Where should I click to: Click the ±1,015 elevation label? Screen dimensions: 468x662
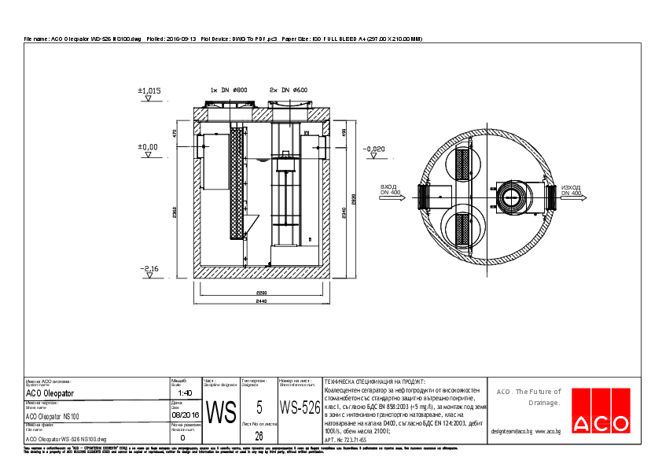149,91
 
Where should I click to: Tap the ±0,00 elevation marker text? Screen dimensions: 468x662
148,147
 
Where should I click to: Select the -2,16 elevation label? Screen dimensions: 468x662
149,269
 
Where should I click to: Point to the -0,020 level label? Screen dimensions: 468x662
374,149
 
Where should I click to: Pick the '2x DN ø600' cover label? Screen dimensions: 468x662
289,90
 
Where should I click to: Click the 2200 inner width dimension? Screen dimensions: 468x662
260,293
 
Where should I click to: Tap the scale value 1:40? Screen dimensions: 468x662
185,392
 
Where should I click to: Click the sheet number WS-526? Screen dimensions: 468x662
300,408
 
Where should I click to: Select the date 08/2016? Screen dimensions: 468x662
185,414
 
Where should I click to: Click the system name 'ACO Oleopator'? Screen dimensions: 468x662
50,392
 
